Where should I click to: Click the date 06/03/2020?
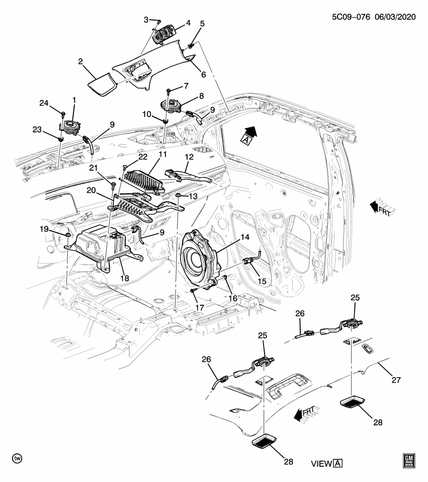pos(395,17)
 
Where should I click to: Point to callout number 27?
pos(396,380)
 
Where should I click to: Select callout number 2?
pos(80,62)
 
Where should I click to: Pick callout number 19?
pos(45,229)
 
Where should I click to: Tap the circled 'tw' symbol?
pos(17,458)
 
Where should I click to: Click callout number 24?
pos(44,104)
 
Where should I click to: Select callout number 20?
pos(91,191)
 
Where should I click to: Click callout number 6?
pos(203,74)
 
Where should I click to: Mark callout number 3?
pos(146,20)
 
